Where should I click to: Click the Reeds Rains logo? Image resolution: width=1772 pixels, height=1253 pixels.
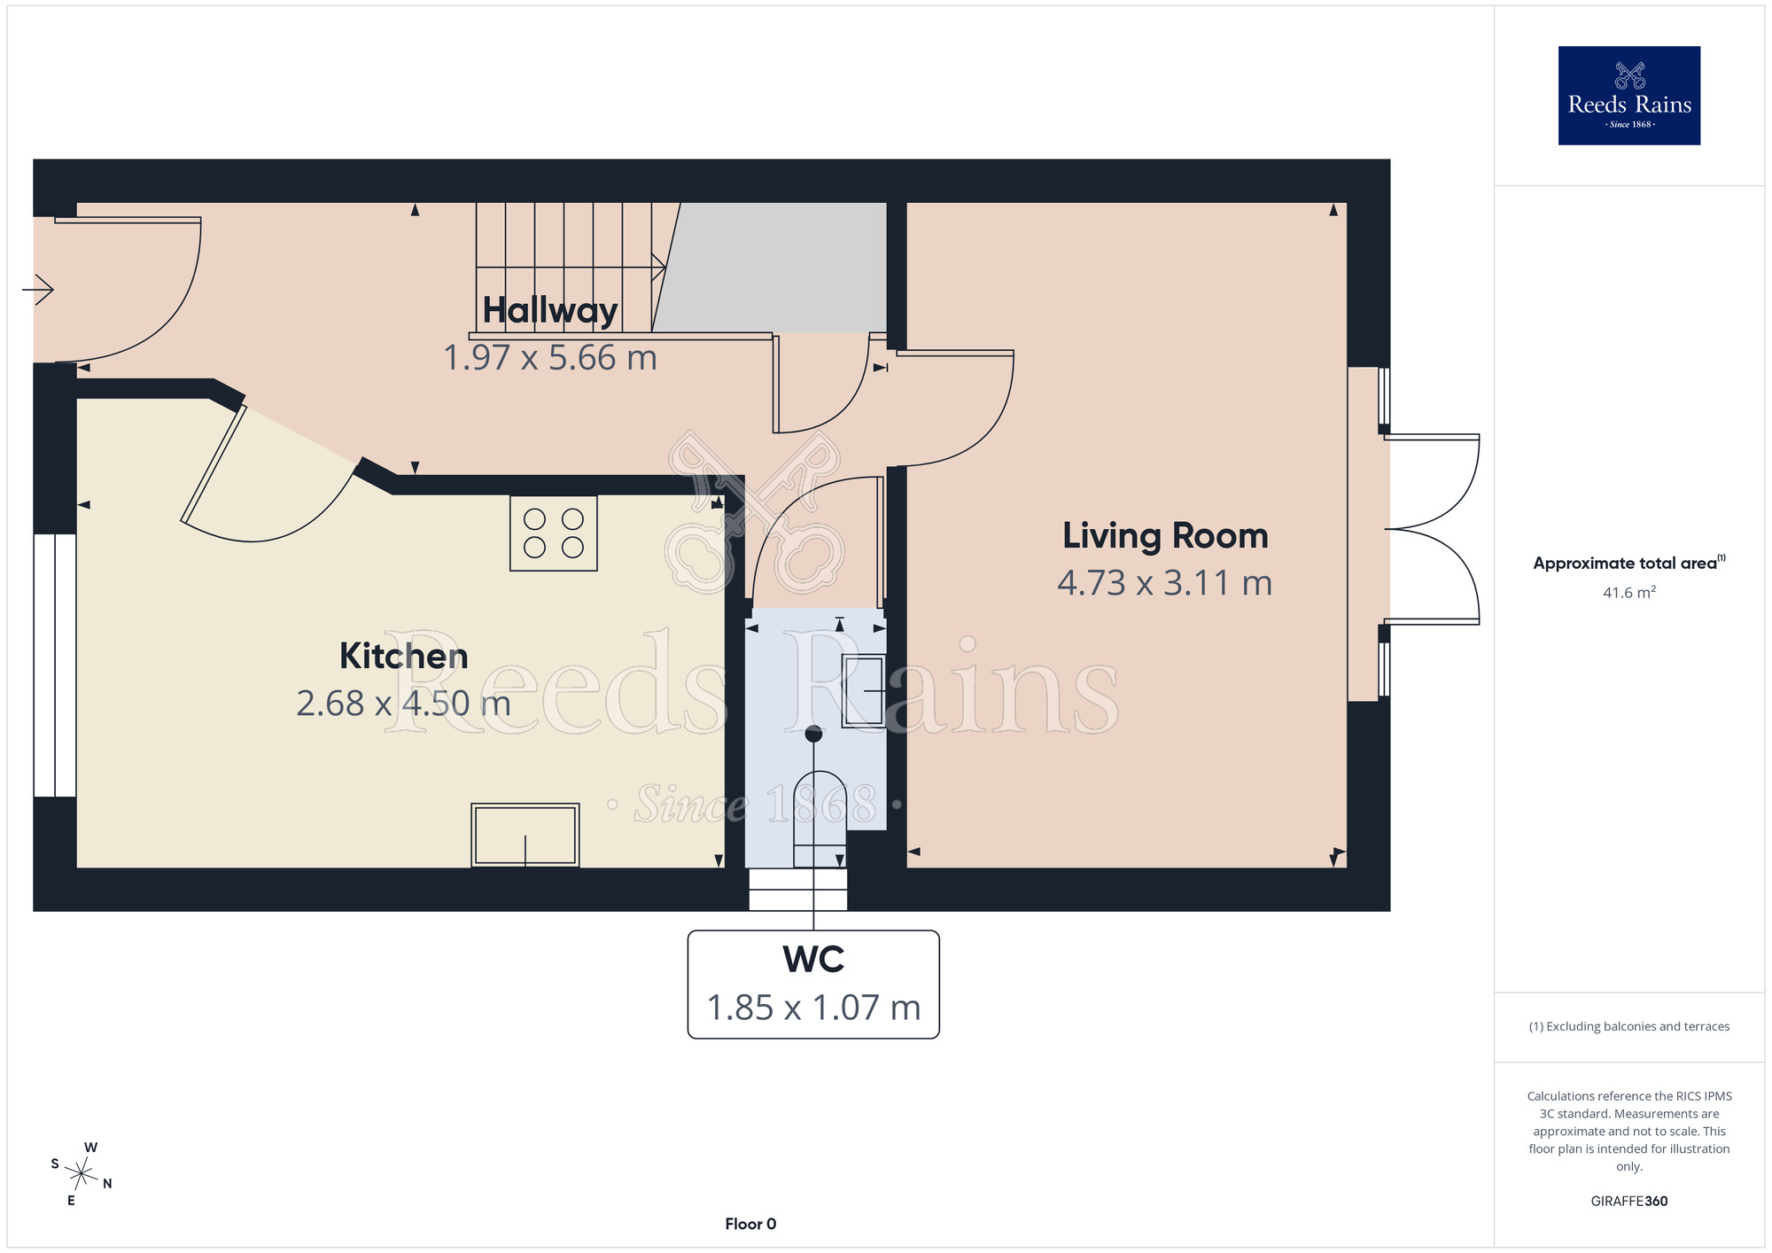pyautogui.click(x=1628, y=96)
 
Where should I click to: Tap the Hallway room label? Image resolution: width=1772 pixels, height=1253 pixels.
pyautogui.click(x=550, y=311)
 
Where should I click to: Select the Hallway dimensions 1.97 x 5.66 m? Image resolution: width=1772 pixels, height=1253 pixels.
pyautogui.click(x=550, y=358)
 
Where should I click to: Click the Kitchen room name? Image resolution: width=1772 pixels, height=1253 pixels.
pyautogui.click(x=404, y=656)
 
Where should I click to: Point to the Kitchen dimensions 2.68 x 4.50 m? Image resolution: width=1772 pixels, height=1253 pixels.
pyautogui.click(x=404, y=704)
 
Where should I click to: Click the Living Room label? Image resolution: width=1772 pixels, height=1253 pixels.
pyautogui.click(x=1165, y=536)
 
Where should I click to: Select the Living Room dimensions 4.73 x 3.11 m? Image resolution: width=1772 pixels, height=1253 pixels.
pyautogui.click(x=1165, y=583)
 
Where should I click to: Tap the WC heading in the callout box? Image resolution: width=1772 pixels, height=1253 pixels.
pyautogui.click(x=813, y=960)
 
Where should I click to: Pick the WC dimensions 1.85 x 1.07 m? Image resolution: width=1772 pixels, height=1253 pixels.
pyautogui.click(x=813, y=1008)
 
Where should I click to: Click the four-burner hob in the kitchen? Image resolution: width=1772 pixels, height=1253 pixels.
pyautogui.click(x=554, y=533)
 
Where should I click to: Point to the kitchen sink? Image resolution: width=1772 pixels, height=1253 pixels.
pyautogui.click(x=525, y=835)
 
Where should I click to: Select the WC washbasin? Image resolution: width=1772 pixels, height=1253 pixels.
pyautogui.click(x=863, y=691)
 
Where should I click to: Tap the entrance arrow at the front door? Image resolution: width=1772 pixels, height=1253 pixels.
pyautogui.click(x=38, y=289)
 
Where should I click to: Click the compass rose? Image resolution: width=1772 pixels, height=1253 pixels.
pyautogui.click(x=82, y=1175)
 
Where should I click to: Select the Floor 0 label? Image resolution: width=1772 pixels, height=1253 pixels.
pyautogui.click(x=750, y=1224)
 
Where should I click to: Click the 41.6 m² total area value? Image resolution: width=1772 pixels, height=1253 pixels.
pyautogui.click(x=1629, y=592)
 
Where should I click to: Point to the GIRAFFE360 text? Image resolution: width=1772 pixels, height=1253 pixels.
pyautogui.click(x=1629, y=1202)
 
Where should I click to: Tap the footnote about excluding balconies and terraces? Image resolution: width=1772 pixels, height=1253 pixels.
pyautogui.click(x=1629, y=1026)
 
